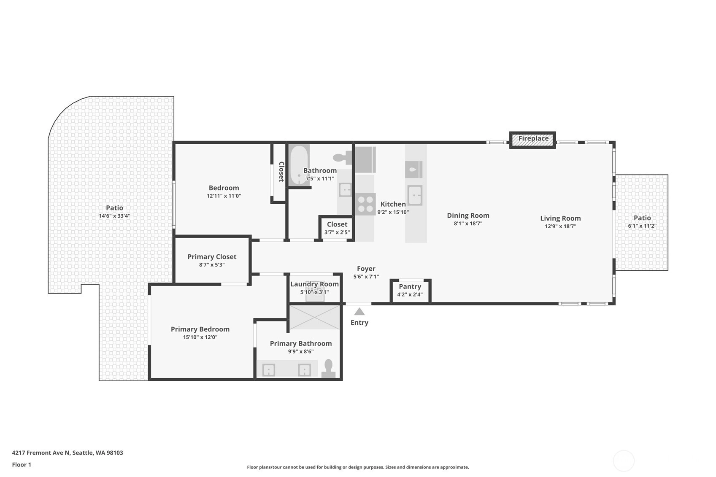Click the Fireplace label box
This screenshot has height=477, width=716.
(x=532, y=140)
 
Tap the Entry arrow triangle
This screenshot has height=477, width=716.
(x=359, y=312)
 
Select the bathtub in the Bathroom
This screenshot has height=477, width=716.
(x=299, y=165)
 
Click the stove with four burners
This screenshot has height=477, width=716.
(x=365, y=204)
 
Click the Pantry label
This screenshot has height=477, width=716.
(x=410, y=287)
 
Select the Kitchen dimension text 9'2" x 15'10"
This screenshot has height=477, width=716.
(x=393, y=212)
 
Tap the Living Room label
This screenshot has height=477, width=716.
(x=560, y=218)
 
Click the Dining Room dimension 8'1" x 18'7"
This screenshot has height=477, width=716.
(x=468, y=224)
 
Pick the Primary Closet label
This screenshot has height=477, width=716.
(x=212, y=256)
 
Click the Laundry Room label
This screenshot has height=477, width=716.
(x=314, y=284)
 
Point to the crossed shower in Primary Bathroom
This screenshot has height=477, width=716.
(x=314, y=317)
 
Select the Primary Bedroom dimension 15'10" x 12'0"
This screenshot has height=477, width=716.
(x=200, y=337)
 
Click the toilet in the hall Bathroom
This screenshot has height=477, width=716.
(x=342, y=157)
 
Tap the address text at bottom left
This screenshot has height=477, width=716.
(x=68, y=453)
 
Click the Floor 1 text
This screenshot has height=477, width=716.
(x=22, y=465)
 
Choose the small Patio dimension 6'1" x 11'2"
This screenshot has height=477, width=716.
(x=642, y=226)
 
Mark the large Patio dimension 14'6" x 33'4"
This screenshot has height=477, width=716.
(x=114, y=216)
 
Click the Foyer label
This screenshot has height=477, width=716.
(x=366, y=269)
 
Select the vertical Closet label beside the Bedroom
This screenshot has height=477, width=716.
(x=281, y=172)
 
